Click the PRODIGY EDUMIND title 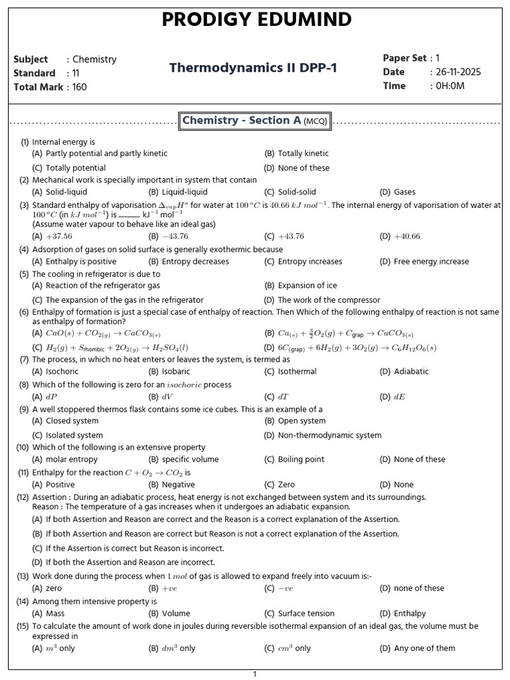pyautogui.click(x=257, y=20)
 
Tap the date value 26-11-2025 pyautogui.click(x=458, y=72)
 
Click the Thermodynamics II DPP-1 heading pyautogui.click(x=253, y=68)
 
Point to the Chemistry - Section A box pyautogui.click(x=256, y=121)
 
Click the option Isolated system pyautogui.click(x=74, y=436)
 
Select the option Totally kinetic pyautogui.click(x=303, y=153)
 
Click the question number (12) pyautogui.click(x=23, y=497)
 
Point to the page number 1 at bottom pyautogui.click(x=254, y=674)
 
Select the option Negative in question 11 pyautogui.click(x=179, y=485)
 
